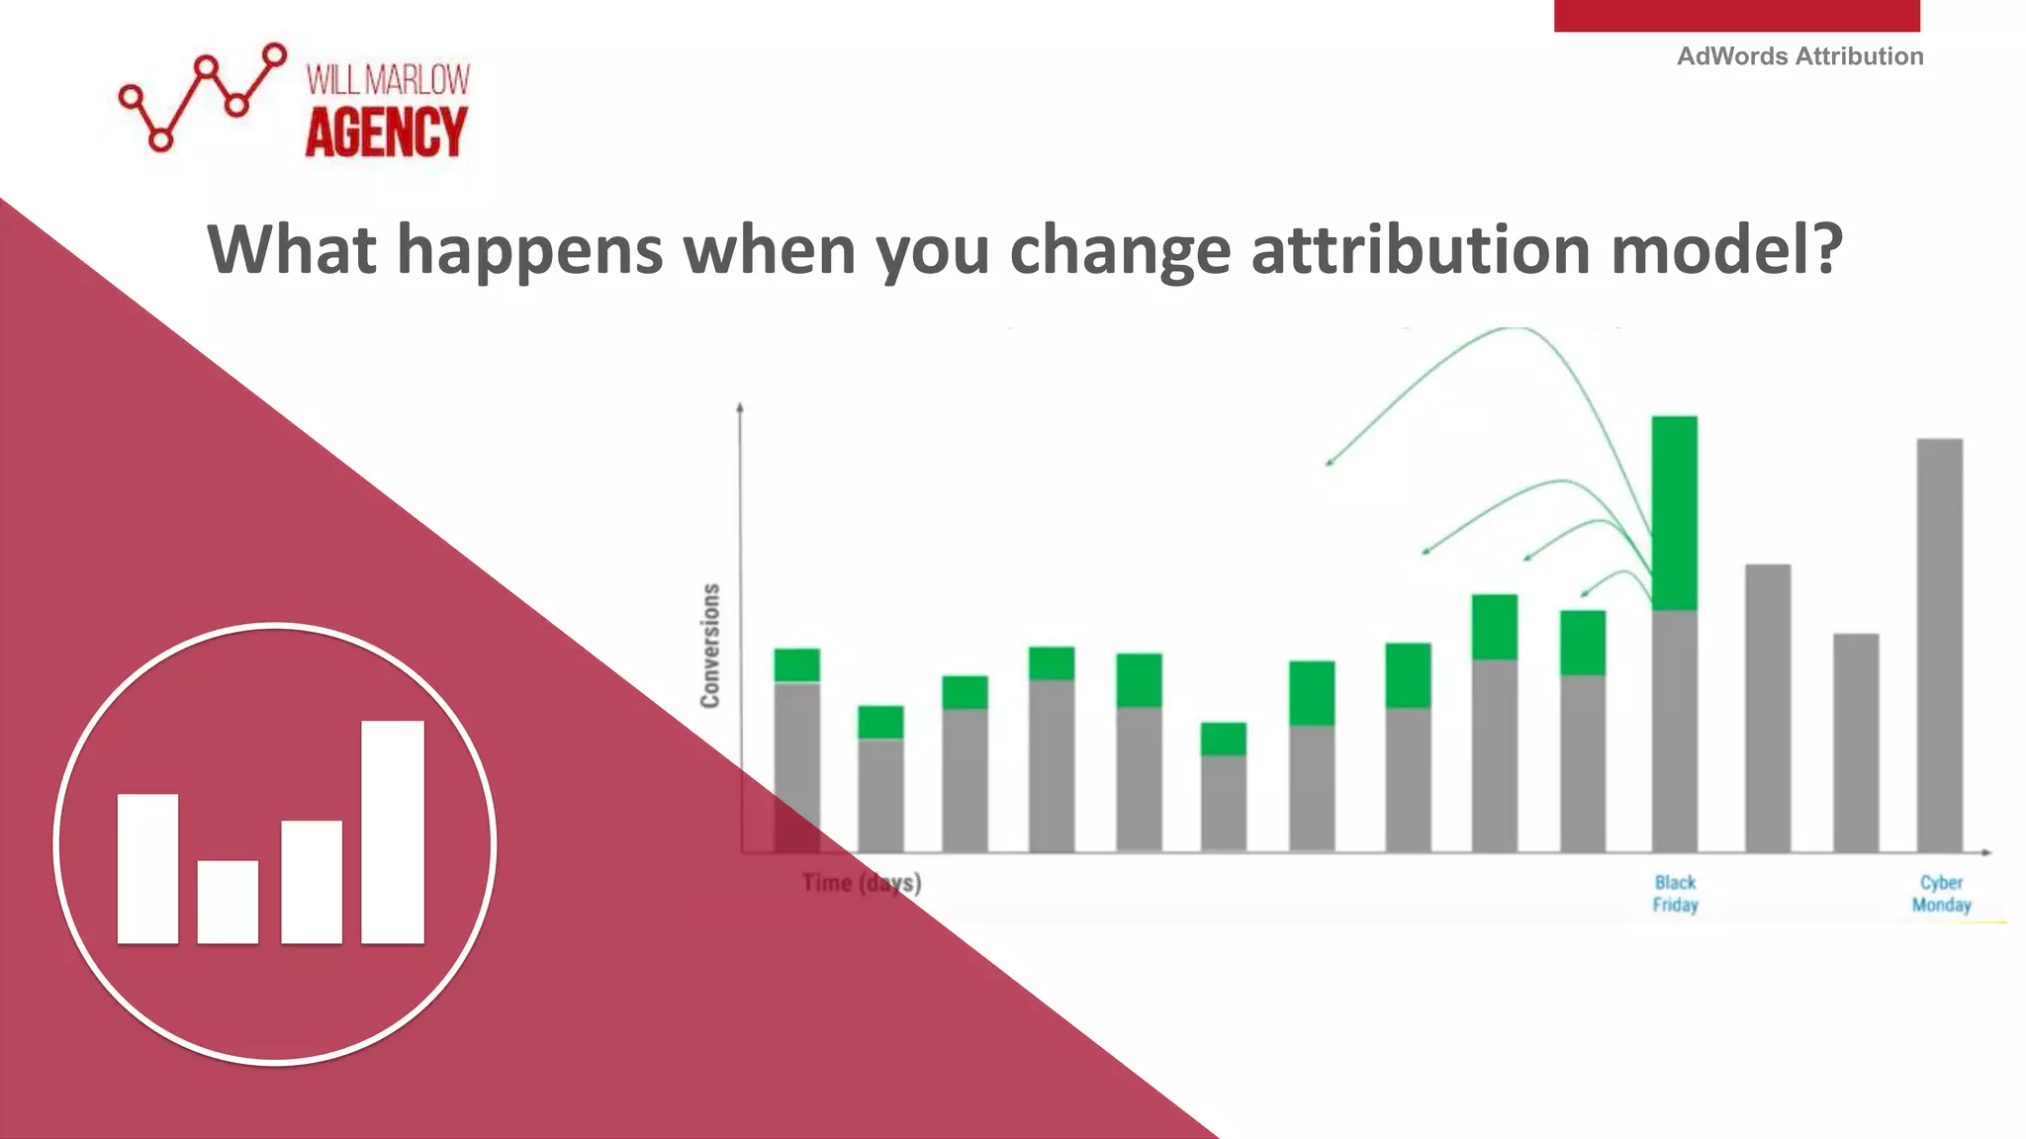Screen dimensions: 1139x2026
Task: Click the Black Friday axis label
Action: tap(1675, 893)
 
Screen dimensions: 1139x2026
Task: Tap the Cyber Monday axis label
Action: tap(1941, 893)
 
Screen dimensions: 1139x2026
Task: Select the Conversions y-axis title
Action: tap(710, 646)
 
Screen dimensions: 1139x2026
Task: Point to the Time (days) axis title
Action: tap(861, 882)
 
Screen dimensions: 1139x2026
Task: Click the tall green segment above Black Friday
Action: tap(1674, 512)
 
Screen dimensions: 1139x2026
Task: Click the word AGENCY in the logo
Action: tap(386, 132)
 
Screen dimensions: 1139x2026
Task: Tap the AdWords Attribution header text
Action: tap(1799, 56)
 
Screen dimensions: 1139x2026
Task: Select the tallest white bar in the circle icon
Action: tap(393, 832)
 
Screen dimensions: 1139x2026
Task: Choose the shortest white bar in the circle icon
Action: tap(228, 902)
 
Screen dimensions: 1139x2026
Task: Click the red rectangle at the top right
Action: tap(1736, 15)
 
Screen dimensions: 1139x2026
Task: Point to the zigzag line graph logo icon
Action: tap(202, 97)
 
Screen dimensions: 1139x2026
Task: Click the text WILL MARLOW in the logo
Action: tap(388, 80)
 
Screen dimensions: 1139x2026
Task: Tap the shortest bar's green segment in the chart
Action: tap(1224, 739)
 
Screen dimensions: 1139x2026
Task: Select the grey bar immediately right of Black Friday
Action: tap(1767, 708)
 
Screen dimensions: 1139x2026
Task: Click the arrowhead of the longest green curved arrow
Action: tap(1330, 462)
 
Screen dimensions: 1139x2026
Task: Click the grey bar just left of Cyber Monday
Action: tap(1855, 742)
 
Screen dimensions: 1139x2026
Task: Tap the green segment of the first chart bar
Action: tap(796, 664)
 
